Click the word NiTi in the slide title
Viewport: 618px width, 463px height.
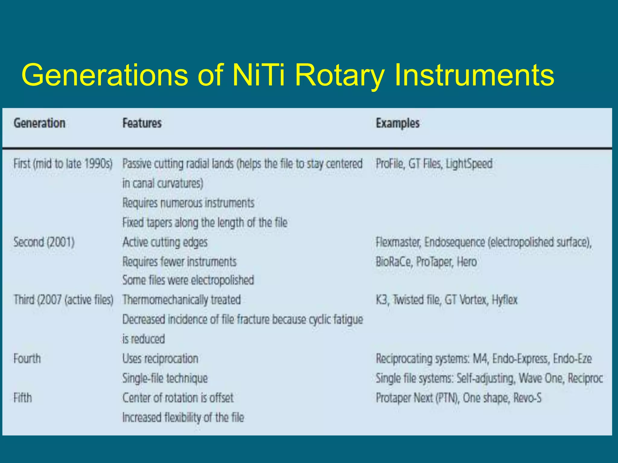tap(258, 75)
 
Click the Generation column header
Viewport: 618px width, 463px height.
tap(40, 123)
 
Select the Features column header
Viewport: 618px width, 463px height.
tap(142, 123)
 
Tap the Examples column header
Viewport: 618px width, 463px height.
tap(397, 123)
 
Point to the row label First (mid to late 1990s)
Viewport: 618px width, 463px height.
tap(63, 164)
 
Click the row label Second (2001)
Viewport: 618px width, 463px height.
tap(44, 242)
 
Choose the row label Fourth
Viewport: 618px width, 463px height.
tap(27, 359)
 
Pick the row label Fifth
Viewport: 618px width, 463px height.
tap(23, 398)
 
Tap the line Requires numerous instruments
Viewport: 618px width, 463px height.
tap(188, 203)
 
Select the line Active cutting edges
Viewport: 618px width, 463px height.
tap(165, 242)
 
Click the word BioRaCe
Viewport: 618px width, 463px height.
tap(394, 262)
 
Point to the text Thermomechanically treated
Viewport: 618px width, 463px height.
tap(182, 300)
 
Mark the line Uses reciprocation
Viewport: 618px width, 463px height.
tap(160, 359)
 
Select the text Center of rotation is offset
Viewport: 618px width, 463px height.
tap(178, 398)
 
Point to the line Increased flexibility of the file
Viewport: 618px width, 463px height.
tap(183, 418)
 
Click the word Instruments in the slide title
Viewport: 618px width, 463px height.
tap(474, 75)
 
